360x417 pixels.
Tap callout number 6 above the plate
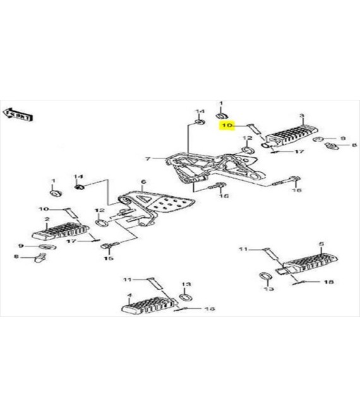tap(143, 182)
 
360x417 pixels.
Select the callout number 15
tap(108, 258)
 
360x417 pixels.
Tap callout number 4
tap(129, 295)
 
